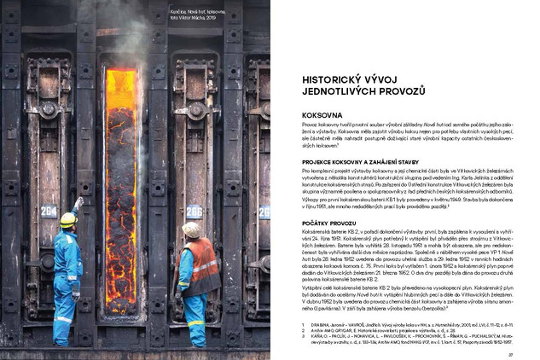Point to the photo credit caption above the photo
[x=195, y=13]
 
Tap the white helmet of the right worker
[x=193, y=229]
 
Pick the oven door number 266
[x=194, y=209]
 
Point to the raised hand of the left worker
[x=80, y=202]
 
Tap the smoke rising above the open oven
[x=128, y=26]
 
